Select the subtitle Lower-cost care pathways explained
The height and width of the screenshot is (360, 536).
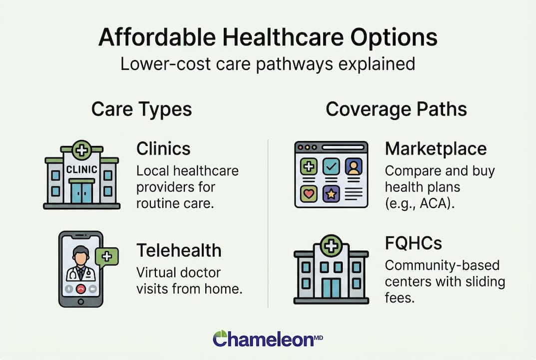268,64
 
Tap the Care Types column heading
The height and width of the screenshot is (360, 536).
141,109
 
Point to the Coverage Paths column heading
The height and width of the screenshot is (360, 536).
396,109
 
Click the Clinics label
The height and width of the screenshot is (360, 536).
163,148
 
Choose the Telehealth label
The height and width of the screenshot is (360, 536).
179,250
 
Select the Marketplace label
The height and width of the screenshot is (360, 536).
436,148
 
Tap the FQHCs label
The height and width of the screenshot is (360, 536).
413,243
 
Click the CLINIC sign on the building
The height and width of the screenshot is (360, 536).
81,169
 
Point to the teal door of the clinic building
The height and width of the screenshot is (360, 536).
81,192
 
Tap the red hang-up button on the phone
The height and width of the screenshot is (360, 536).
80,289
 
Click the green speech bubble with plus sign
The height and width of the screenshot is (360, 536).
106,256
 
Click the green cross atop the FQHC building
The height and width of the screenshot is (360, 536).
331,246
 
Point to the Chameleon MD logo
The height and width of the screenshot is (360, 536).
268,338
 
